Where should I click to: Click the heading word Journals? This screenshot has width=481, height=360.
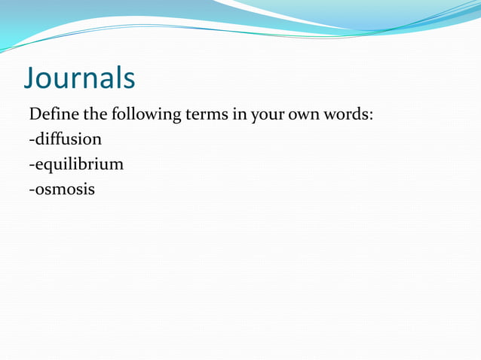tap(80, 78)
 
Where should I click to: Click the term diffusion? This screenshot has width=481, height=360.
tap(68, 139)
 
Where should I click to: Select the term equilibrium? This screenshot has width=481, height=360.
tap(78, 164)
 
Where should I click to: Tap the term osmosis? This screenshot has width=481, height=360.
tap(65, 188)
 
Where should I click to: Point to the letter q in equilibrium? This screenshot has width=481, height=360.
tap(50, 166)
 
